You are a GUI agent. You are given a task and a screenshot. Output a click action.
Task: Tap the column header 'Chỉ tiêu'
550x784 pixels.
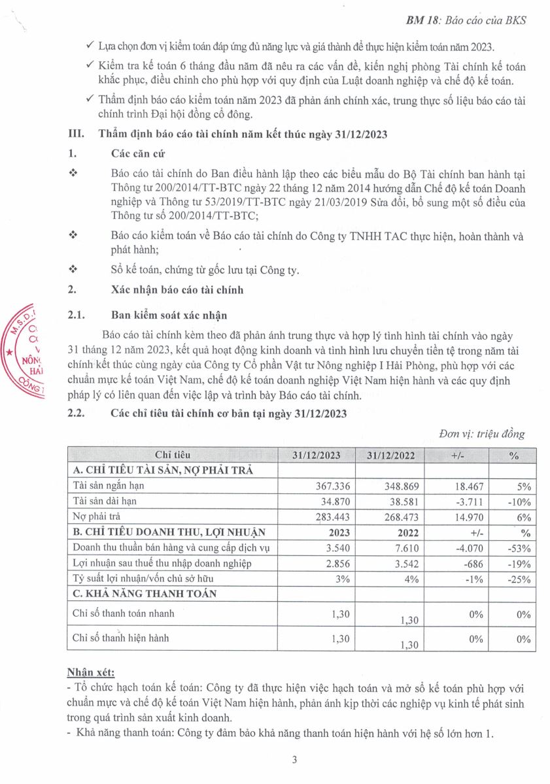(172, 455)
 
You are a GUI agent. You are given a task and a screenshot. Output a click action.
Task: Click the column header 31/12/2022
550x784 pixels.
(390, 455)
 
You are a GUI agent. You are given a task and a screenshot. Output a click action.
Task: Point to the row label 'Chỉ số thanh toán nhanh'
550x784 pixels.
(124, 613)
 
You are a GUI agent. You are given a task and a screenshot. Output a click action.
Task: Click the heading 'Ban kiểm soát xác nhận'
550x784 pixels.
(169, 316)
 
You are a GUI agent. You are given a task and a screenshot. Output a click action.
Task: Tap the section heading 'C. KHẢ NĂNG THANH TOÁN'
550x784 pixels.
(144, 593)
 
